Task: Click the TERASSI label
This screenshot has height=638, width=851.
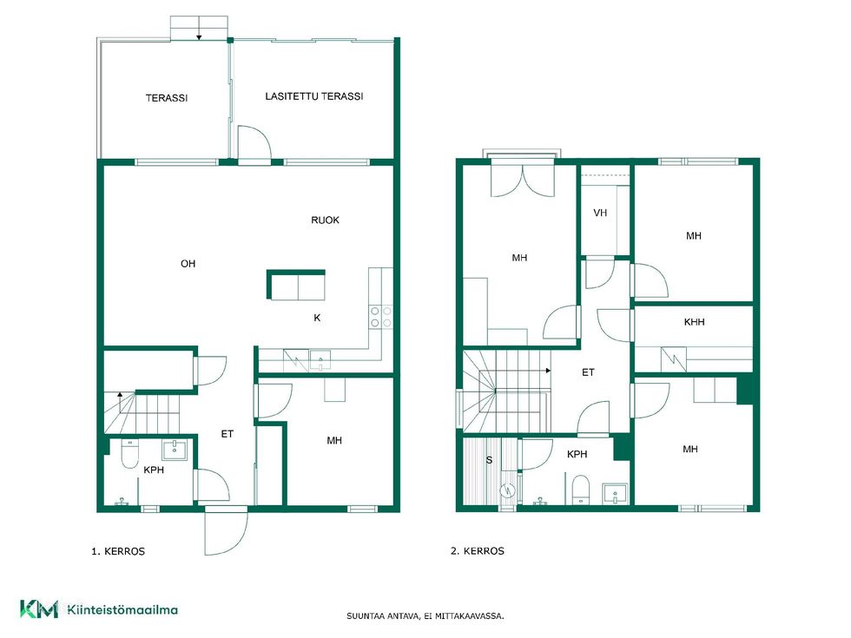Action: click(167, 98)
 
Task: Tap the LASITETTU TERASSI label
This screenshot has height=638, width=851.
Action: click(314, 96)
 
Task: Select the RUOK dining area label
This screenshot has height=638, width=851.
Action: click(325, 220)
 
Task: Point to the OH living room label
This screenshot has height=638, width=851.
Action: click(188, 264)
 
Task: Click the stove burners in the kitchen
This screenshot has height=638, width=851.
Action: click(380, 317)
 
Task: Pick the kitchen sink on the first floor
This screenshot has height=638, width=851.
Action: click(320, 360)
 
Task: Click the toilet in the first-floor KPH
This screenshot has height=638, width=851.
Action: click(129, 454)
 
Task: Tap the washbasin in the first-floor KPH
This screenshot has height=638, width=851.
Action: click(175, 451)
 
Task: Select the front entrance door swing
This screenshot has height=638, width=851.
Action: click(226, 530)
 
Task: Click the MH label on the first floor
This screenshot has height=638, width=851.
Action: click(334, 441)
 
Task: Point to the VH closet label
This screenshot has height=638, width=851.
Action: click(600, 213)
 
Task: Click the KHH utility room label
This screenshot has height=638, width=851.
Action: click(694, 322)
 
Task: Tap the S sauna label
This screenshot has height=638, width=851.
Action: click(489, 460)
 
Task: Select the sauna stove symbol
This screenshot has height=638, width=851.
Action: click(508, 490)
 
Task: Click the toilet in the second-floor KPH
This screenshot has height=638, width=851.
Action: click(581, 488)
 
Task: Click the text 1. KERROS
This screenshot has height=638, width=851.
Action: click(118, 552)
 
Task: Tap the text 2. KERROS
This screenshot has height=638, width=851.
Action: click(478, 551)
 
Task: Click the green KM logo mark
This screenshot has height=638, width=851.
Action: click(39, 609)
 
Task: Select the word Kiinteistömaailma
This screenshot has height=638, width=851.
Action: click(122, 609)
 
